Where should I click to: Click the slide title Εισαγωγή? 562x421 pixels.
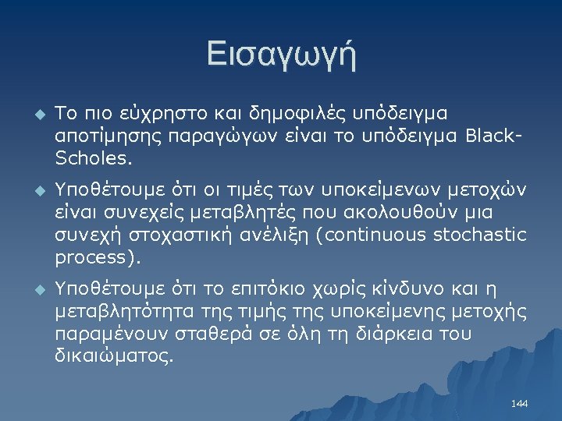click(x=281, y=55)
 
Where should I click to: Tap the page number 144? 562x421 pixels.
click(x=519, y=403)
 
